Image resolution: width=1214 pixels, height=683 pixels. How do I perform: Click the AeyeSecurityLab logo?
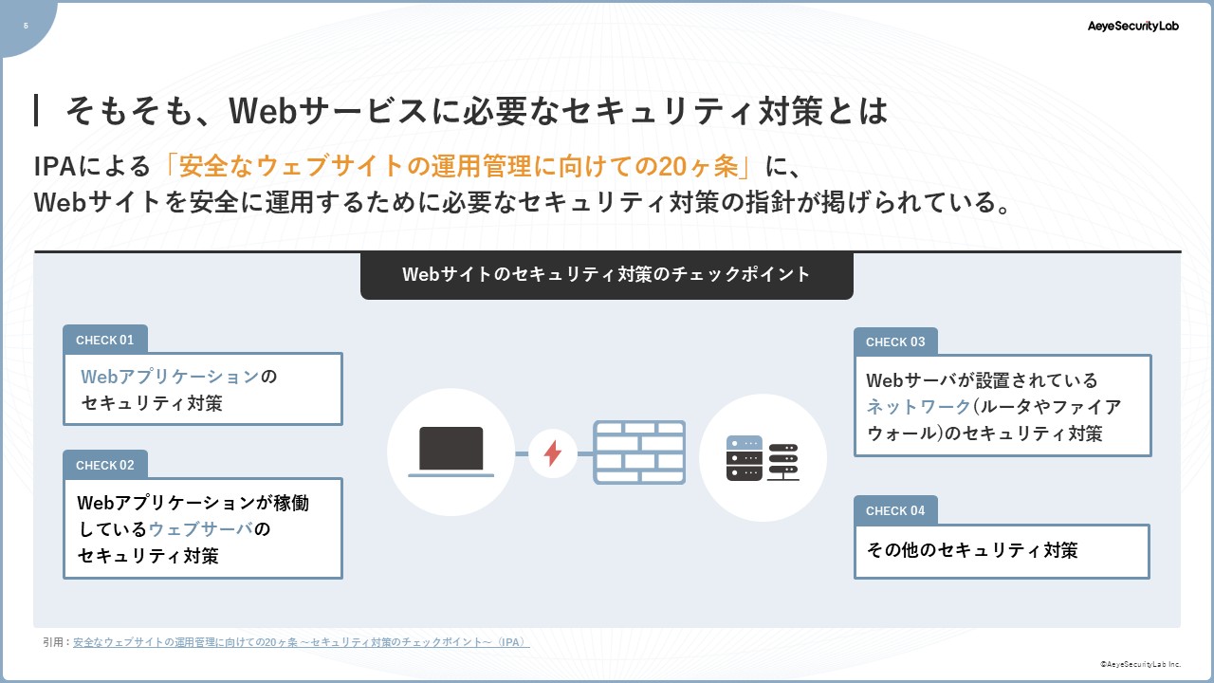click(1132, 26)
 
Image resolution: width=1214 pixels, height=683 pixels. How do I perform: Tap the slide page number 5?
click(26, 26)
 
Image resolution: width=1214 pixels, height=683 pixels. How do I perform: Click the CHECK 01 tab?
click(105, 340)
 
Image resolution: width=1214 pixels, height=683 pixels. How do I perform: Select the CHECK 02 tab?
click(105, 465)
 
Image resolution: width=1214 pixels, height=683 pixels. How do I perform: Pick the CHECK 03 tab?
click(895, 342)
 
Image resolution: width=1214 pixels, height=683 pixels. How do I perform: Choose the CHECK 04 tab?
click(895, 510)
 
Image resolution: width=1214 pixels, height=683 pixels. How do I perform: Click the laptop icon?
click(451, 452)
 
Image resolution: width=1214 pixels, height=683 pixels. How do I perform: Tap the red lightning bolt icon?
click(552, 453)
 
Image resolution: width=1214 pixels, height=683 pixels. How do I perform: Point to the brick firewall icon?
click(639, 452)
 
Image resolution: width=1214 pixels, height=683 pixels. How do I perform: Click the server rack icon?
click(763, 458)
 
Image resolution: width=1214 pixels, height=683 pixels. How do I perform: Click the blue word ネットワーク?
click(919, 407)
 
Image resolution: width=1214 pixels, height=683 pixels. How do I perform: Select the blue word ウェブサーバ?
click(201, 529)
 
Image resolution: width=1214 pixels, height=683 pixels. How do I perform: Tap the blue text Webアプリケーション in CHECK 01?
click(170, 377)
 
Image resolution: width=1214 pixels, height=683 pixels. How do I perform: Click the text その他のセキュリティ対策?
click(972, 550)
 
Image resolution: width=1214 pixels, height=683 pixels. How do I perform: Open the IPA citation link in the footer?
click(301, 642)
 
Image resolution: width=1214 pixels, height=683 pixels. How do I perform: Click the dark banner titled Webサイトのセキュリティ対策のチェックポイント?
click(606, 275)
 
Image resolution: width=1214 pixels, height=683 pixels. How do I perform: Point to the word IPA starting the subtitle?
click(54, 166)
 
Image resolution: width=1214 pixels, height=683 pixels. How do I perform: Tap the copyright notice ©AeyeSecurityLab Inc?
click(1140, 664)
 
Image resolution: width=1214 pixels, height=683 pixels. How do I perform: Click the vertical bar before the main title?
click(36, 110)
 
